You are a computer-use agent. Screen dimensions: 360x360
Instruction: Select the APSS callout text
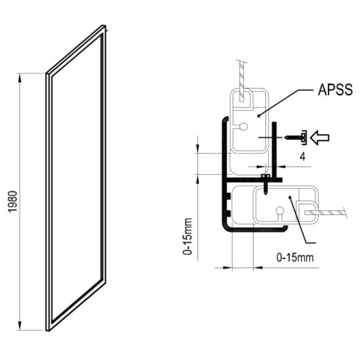point(335,89)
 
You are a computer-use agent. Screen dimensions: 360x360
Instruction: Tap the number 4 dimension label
point(303,157)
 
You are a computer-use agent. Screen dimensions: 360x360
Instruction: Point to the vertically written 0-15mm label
point(187,236)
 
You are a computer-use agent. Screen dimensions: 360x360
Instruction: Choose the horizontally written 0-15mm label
point(295,258)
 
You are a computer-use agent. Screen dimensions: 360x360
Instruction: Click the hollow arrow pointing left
point(319,137)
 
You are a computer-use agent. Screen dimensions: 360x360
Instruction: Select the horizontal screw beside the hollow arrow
point(296,137)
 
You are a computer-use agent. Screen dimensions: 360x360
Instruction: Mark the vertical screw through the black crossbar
point(265,184)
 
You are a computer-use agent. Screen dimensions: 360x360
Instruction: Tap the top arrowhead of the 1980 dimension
point(20,78)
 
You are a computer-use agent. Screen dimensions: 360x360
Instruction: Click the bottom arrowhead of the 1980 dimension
point(20,326)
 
